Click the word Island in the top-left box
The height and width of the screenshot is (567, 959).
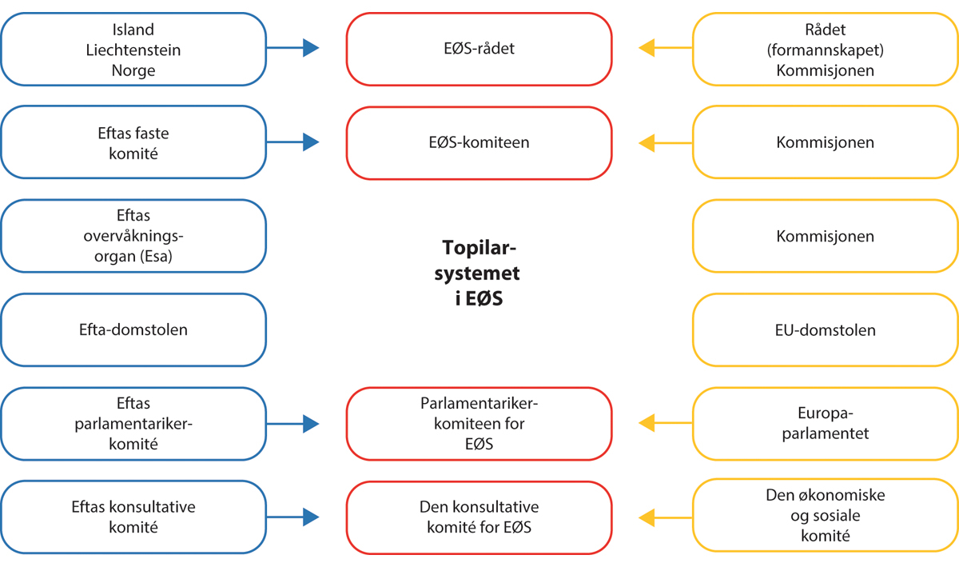coord(133,30)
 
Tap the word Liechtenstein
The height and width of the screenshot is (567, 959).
coord(133,50)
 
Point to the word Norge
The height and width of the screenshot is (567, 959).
coord(133,70)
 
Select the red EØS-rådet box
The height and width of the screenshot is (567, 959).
coord(479,49)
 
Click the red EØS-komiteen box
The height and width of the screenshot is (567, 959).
coord(479,143)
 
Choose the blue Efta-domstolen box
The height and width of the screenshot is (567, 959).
coord(133,329)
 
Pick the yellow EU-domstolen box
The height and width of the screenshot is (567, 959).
coord(825,329)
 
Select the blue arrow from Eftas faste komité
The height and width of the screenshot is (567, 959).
coord(292,143)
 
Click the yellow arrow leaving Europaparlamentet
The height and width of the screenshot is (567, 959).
coord(665,423)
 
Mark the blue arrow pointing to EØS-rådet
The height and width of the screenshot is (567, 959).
coord(292,49)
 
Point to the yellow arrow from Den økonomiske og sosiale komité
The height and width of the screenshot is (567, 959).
coord(665,517)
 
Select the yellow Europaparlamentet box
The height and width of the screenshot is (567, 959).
coord(825,423)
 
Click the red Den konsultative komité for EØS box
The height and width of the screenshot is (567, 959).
coord(479,517)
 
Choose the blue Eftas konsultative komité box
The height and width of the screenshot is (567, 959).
coord(133,517)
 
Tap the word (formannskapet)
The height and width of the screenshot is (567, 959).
coord(825,50)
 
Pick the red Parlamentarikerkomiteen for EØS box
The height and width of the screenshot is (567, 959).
coord(479,423)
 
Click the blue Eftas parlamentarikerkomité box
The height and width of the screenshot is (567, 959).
coord(133,423)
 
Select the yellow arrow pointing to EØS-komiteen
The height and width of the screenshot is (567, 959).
coord(665,143)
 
